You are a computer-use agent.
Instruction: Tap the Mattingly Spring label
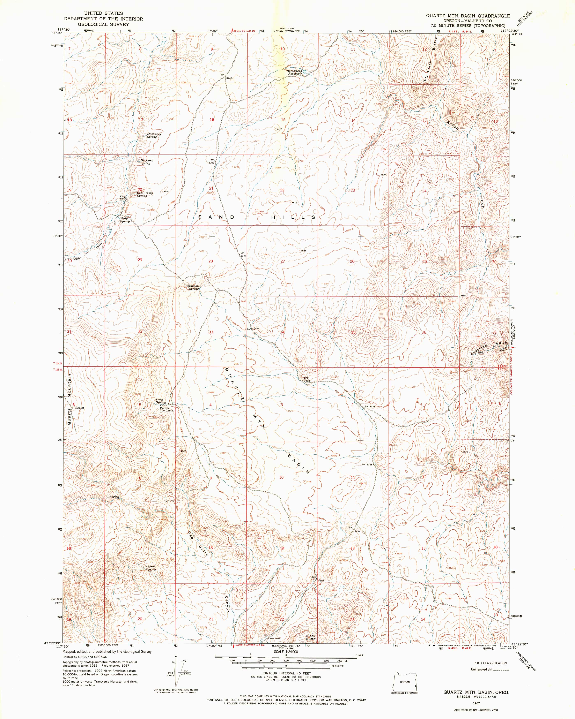154,135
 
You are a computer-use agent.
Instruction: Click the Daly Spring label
161,401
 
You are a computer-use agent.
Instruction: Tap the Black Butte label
311,637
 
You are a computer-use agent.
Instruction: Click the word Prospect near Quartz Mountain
79,408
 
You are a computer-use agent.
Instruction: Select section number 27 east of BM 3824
283,261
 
